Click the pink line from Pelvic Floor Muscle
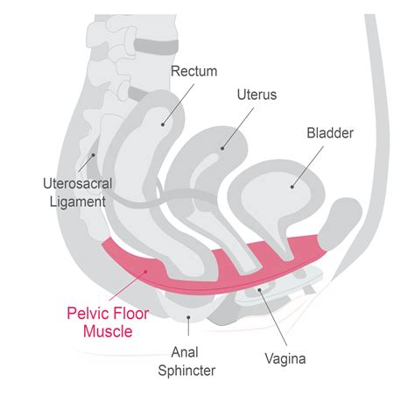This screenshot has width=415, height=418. [x=131, y=286]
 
